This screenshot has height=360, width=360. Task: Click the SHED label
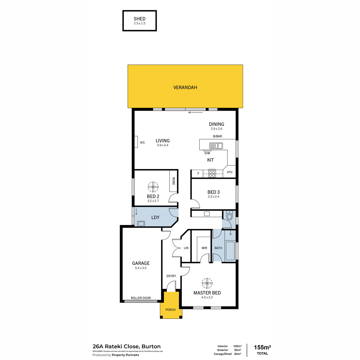point(139,19)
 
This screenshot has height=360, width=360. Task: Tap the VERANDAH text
point(185,87)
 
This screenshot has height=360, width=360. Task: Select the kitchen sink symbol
point(216,145)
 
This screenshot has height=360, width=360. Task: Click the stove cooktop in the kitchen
point(212,173)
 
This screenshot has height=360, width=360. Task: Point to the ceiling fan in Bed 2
point(153,187)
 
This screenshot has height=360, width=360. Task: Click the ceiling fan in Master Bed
point(207,283)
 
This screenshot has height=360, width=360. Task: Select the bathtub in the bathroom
point(230,251)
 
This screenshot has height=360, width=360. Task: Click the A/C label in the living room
point(142,142)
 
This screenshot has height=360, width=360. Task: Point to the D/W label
point(207,153)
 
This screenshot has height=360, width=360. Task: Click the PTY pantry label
point(230,172)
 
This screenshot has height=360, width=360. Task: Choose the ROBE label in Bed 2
point(174,181)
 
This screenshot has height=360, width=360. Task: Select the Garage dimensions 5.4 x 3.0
point(141,268)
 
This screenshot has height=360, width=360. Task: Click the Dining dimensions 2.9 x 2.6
point(216,129)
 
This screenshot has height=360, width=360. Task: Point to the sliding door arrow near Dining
point(195,112)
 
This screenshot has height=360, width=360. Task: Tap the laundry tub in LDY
point(141,223)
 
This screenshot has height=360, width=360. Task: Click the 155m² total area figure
point(262,347)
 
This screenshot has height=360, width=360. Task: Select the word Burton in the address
point(151,346)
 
